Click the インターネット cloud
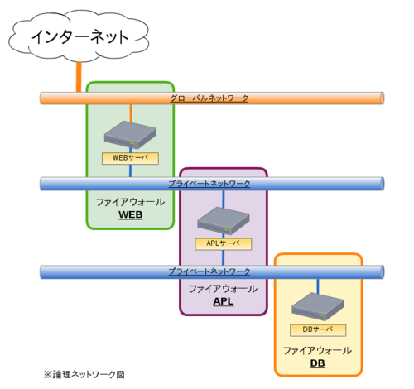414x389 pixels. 79,36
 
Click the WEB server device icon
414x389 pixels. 131,135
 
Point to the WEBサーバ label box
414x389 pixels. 130,157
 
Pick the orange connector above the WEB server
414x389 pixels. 131,113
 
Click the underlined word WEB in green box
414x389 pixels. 131,215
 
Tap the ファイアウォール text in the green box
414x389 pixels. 130,202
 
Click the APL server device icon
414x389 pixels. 224,221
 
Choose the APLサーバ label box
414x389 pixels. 224,243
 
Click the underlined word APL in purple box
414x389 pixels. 224,301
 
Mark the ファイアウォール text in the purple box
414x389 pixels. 224,289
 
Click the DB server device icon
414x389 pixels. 318,307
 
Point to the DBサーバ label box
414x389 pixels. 318,329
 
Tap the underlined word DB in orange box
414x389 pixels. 318,363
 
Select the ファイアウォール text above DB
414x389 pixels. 318,351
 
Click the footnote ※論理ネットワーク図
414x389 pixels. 84,374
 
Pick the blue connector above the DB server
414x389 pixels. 318,285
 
